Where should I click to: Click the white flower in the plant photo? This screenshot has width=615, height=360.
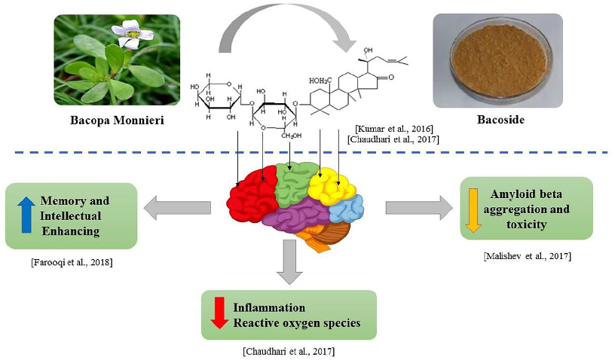(x=133, y=33)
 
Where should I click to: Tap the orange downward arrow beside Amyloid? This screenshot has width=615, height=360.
(x=473, y=209)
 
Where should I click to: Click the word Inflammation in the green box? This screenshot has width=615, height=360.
(x=269, y=307)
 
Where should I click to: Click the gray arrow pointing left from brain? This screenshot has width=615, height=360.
(x=180, y=207)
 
